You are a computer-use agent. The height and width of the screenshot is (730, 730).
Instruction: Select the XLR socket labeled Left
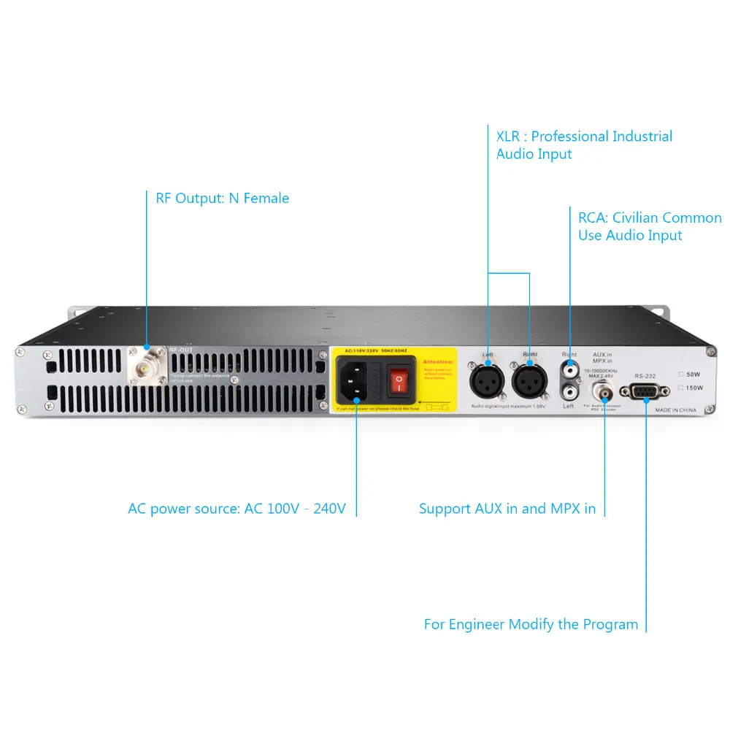click(x=488, y=379)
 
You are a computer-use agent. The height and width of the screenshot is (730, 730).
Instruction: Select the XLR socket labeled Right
click(x=529, y=379)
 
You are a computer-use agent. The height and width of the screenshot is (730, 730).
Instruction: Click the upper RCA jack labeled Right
click(x=569, y=371)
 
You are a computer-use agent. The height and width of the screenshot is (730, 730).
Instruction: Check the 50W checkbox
click(x=681, y=374)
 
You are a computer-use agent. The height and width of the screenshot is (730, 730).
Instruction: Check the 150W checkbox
click(x=681, y=387)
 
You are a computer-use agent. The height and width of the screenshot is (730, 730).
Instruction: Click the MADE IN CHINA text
click(x=675, y=410)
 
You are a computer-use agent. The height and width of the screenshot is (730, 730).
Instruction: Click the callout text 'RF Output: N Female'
click(x=222, y=198)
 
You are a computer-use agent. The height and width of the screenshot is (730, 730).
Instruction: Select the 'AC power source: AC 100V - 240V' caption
click(x=237, y=509)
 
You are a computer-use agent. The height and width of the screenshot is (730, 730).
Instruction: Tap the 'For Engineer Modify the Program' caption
click(x=531, y=624)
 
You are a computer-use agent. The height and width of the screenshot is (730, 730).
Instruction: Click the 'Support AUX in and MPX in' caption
click(x=507, y=509)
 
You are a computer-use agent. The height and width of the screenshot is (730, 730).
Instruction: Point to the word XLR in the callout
click(x=509, y=137)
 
